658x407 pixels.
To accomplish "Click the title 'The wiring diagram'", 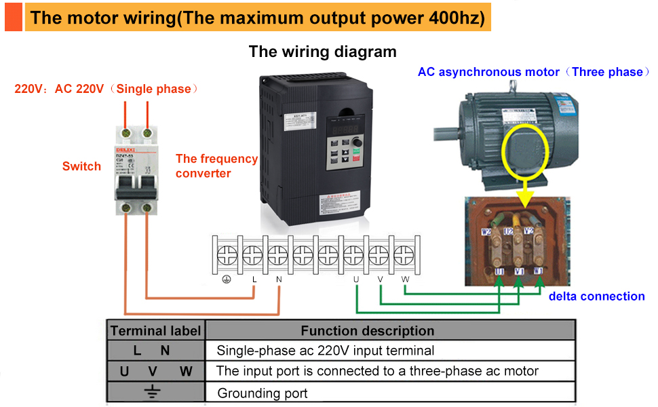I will tap(322, 52).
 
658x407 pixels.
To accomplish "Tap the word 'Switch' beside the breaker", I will tap(81, 166).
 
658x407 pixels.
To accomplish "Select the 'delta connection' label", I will tap(596, 296).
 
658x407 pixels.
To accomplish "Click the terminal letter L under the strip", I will tap(254, 279).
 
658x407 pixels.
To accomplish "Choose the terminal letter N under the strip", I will tap(279, 279).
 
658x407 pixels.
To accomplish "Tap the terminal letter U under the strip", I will tap(355, 279).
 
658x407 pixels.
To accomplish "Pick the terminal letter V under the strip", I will tap(381, 279).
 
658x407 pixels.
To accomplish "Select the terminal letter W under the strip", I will tap(405, 279).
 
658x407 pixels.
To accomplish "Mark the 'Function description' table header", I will tap(367, 331).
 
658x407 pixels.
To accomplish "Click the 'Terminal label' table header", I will tap(156, 331).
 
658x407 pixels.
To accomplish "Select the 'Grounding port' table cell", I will tap(262, 393).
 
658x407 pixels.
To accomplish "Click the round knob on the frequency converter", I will tap(357, 145).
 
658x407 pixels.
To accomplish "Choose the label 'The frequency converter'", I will tap(216, 166).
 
